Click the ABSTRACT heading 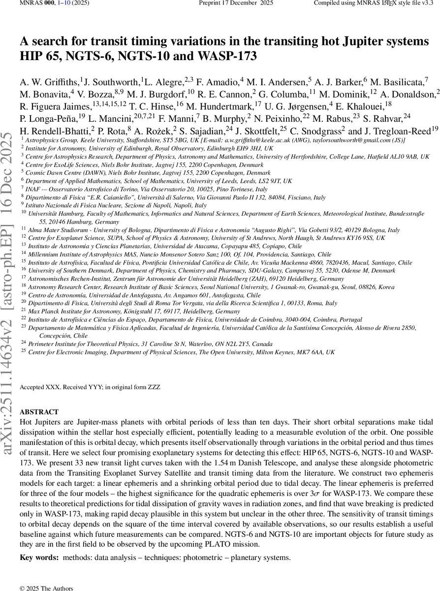click(x=39, y=412)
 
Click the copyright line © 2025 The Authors click(x=46, y=588)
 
